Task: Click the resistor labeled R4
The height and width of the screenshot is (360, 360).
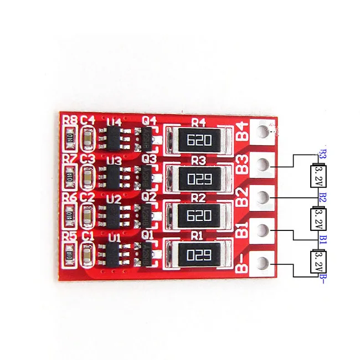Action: click(199, 140)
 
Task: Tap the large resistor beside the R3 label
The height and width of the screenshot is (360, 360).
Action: click(199, 178)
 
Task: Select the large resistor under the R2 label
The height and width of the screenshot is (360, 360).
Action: click(199, 215)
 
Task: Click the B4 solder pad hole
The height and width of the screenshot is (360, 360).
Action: click(263, 133)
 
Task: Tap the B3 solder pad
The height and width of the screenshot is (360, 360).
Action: click(263, 164)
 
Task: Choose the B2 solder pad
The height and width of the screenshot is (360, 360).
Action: click(263, 197)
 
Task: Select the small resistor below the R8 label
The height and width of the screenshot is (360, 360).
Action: click(70, 139)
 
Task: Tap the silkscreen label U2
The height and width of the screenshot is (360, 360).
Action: click(114, 197)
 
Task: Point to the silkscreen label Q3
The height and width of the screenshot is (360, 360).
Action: click(148, 159)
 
